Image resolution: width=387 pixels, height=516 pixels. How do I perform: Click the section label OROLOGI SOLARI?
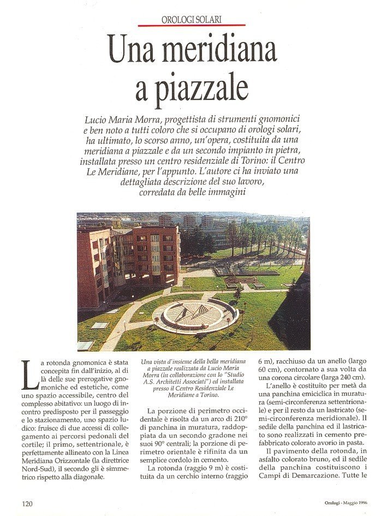[192, 20]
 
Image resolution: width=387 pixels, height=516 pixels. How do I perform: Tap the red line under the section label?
[192, 25]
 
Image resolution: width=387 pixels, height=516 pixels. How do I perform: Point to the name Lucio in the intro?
[97, 119]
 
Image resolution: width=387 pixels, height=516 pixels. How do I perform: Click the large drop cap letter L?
[30, 375]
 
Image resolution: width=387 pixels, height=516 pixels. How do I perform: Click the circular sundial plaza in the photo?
[195, 315]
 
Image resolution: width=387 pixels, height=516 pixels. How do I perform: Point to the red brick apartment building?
[131, 257]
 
